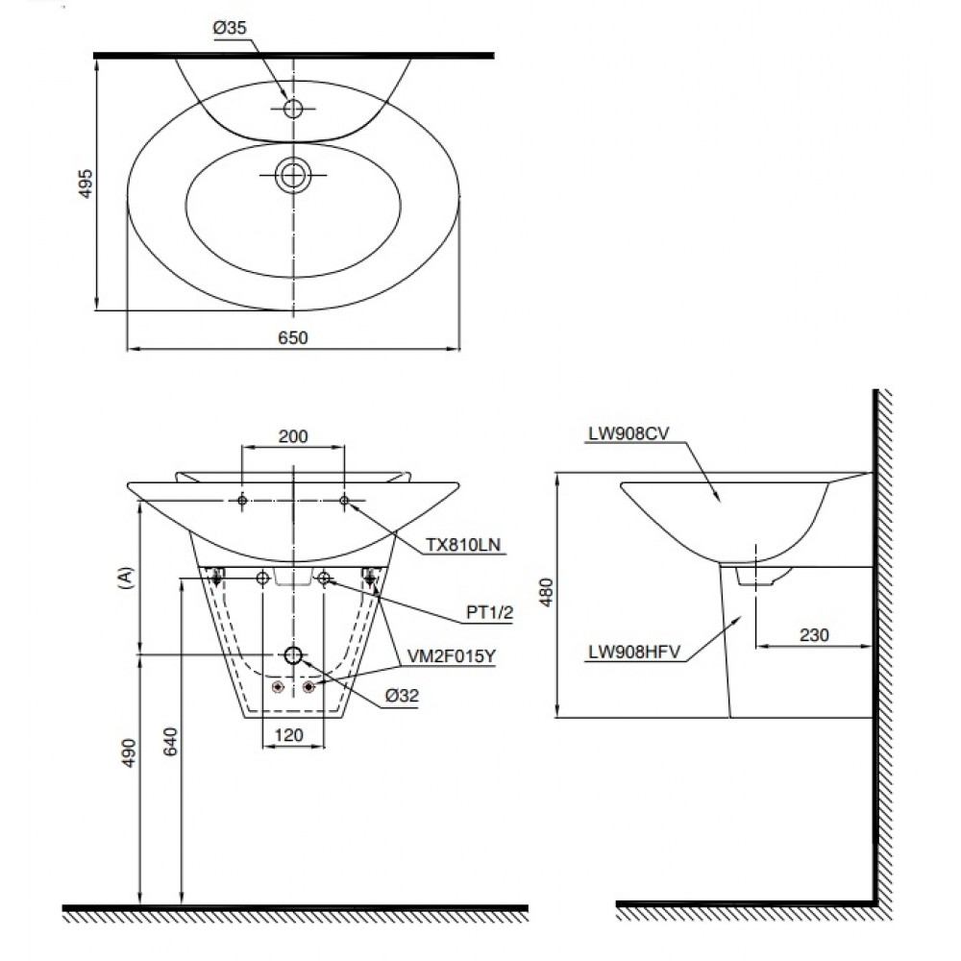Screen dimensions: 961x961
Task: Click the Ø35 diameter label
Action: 230,29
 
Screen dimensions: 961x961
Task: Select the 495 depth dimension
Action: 86,185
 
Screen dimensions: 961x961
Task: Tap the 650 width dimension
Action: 292,336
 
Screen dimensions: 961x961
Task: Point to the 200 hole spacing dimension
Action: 292,435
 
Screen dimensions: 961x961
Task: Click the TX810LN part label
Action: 463,545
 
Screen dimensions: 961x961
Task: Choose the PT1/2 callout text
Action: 489,611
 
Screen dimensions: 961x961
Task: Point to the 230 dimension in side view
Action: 813,634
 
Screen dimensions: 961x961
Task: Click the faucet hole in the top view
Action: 292,109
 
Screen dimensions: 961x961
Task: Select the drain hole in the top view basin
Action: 292,175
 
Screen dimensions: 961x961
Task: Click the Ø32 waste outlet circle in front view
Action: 293,655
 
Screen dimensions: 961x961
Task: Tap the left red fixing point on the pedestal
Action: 278,687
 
